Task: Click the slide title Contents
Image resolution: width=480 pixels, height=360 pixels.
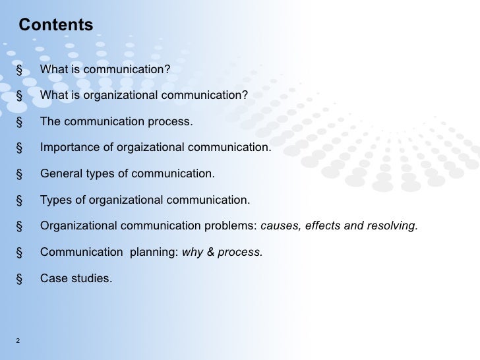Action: click(x=56, y=25)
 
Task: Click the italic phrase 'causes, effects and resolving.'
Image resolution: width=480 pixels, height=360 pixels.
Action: click(x=340, y=226)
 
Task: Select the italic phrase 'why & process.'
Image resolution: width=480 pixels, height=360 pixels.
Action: click(x=222, y=252)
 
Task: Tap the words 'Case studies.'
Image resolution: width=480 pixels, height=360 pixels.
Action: click(x=76, y=278)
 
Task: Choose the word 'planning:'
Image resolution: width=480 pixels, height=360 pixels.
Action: click(x=155, y=252)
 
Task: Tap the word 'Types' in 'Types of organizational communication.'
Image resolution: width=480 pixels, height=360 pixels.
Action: click(x=55, y=200)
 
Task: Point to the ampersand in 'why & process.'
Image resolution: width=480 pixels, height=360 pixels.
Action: click(x=210, y=252)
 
